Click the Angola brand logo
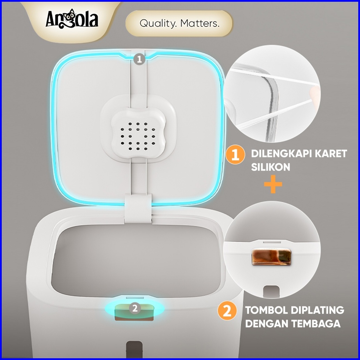72,19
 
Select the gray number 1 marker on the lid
139,59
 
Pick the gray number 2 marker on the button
135,308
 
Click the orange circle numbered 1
235,155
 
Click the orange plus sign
273,184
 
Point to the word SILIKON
271,167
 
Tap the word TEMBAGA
316,324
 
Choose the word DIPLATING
318,310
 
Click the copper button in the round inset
271,257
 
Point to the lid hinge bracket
138,209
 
